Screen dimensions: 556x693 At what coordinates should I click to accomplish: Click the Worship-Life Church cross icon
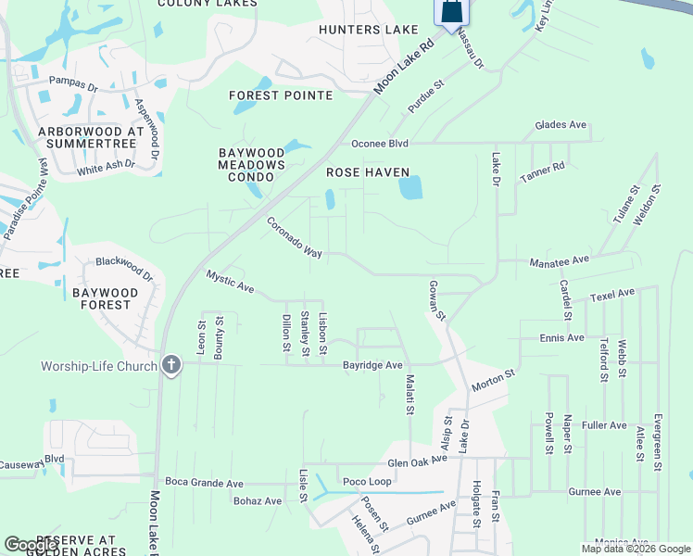170,365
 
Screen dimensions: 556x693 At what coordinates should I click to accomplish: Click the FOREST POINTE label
281,95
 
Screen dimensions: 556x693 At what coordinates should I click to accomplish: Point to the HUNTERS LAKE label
369,30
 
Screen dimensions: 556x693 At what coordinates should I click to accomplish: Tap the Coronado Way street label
294,238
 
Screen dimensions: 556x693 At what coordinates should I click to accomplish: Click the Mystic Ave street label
230,282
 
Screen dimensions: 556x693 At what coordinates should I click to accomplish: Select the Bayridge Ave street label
372,365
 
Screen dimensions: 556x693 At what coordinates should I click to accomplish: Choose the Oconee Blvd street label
379,144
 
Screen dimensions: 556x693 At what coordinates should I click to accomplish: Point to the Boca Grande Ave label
204,483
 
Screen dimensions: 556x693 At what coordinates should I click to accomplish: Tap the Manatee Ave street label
559,261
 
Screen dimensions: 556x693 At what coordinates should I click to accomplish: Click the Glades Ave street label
561,125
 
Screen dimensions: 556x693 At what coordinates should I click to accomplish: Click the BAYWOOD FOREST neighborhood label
105,299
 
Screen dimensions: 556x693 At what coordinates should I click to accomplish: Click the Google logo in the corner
31,545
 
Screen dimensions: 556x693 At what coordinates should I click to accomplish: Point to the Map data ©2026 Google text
635,549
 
